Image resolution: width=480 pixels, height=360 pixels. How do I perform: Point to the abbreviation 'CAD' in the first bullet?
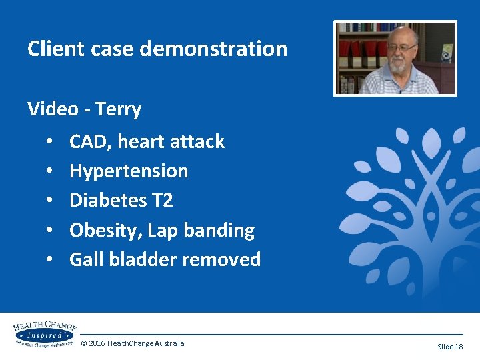coord(86,141)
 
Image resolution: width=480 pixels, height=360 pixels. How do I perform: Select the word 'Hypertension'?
coord(129,171)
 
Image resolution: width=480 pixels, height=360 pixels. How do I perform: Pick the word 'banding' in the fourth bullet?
coord(221,230)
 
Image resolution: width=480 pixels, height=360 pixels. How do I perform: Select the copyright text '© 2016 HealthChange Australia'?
coord(133,343)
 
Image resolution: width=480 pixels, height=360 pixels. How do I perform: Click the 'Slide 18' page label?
coord(449,347)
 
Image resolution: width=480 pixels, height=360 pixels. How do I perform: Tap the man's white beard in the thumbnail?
coord(399,66)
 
